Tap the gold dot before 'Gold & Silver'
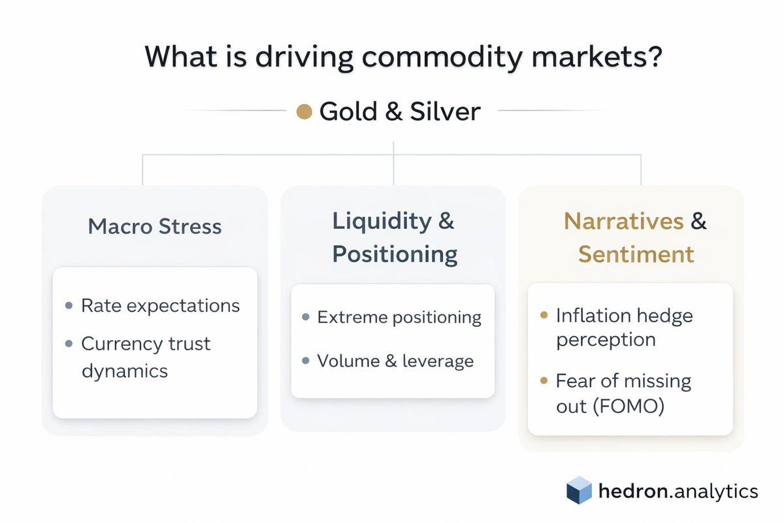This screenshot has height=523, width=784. point(304,112)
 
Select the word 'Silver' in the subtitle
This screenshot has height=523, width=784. point(445,112)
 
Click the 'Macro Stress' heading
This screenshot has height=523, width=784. point(155,227)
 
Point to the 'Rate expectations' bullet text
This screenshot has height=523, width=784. point(160,305)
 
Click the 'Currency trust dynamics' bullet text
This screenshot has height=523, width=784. point(145,357)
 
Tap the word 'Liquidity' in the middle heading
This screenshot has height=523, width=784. point(382,221)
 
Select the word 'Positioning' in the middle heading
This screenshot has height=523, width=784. point(394,254)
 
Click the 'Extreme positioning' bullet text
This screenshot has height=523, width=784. point(399,317)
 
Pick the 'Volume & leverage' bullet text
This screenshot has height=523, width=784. point(395,361)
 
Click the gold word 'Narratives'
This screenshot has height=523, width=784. point(623,221)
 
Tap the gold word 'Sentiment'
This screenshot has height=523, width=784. point(636,254)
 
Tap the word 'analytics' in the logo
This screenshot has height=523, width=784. point(719,491)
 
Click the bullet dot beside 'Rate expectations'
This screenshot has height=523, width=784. point(69,305)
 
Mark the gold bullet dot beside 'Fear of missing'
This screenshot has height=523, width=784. point(544,380)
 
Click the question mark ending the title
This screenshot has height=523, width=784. point(655,57)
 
